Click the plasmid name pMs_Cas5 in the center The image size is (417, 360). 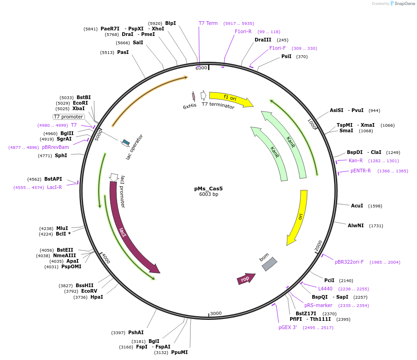[x=208, y=189]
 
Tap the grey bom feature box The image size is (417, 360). [x=269, y=264]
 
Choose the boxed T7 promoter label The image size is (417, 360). [x=68, y=117]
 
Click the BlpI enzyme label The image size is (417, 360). [x=170, y=23]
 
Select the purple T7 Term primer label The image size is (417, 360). [x=208, y=23]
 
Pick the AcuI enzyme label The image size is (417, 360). [x=357, y=206]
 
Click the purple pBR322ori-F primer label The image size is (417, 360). [x=349, y=262]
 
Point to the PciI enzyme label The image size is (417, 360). [x=329, y=280]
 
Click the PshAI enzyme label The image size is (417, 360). [x=136, y=332]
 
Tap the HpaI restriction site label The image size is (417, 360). [x=97, y=297]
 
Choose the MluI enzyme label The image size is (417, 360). [x=62, y=228]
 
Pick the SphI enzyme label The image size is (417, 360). [x=61, y=155]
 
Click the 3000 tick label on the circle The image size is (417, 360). [x=216, y=313]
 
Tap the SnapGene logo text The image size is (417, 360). [x=405, y=4]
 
